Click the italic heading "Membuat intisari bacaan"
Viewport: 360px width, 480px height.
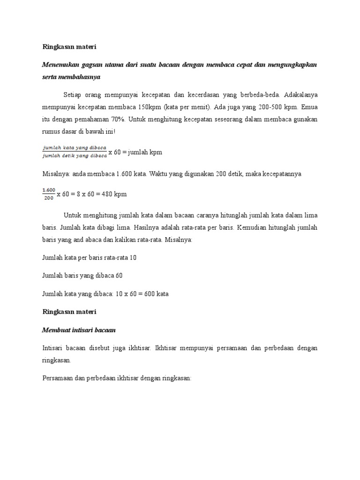pyautogui.click(x=79, y=330)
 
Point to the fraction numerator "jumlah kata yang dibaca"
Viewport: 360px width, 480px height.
pyautogui.click(x=75, y=148)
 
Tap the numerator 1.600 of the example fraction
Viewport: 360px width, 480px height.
pyautogui.click(x=48, y=189)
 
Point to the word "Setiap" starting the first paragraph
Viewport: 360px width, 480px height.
pyautogui.click(x=73, y=95)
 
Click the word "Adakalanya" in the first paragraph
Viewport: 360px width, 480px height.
pyautogui.click(x=300, y=95)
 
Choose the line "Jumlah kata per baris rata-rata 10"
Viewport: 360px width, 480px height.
pyautogui.click(x=89, y=258)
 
